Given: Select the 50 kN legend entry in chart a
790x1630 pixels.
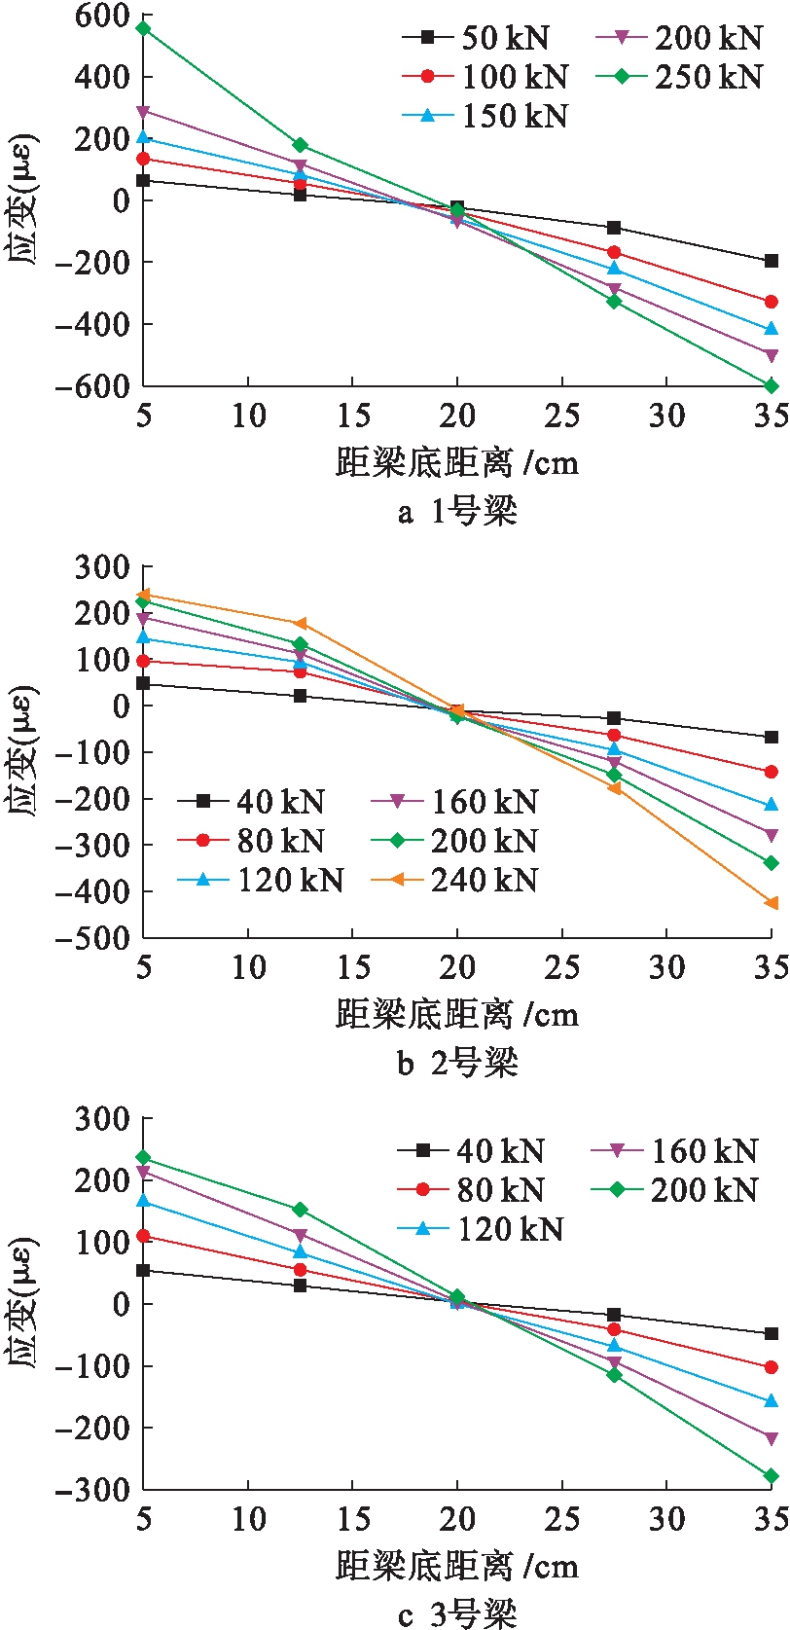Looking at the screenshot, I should point(477,38).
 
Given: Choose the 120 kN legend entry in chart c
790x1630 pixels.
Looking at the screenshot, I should point(482,1230).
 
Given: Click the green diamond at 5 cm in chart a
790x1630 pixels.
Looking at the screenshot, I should point(143,28).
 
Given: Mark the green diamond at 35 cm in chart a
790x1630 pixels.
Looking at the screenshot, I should point(772,386).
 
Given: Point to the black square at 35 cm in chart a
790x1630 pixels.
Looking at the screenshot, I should point(772,261).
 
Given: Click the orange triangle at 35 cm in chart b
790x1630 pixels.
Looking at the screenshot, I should point(772,904).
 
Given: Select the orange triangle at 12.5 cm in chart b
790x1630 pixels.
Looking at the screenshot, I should point(300,624).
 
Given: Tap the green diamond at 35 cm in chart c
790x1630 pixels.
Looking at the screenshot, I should point(772,1476).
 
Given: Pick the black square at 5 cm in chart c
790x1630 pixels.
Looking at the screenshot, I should point(143,1271).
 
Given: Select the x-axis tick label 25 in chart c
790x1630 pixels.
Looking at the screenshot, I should point(561,1520).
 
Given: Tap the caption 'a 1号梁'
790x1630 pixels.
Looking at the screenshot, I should point(457,511).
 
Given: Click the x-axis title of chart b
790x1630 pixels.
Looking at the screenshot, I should point(457,1015).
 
